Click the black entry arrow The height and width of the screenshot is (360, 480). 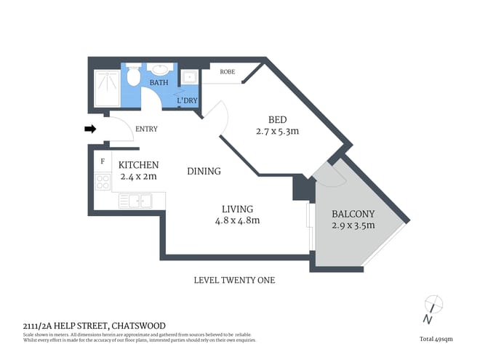pos(90,129)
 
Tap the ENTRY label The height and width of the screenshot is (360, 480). pos(146,129)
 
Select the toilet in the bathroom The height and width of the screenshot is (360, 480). pos(133,74)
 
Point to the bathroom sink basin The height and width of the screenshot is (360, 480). pos(160,71)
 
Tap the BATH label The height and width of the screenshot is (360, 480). pos(159,84)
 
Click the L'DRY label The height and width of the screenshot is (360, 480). pos(188,100)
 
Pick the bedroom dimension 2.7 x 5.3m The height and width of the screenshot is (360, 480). pos(278,132)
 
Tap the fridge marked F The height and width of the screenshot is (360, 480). pos(103,161)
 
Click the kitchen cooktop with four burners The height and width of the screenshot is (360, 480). pos(103,182)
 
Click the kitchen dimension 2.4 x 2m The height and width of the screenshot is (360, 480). pos(138,175)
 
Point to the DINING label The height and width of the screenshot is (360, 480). pos(204,171)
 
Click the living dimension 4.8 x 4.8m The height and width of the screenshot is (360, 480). pos(237,220)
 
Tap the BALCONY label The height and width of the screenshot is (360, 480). pos(353,214)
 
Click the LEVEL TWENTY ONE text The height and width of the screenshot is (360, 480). pos(234,280)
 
